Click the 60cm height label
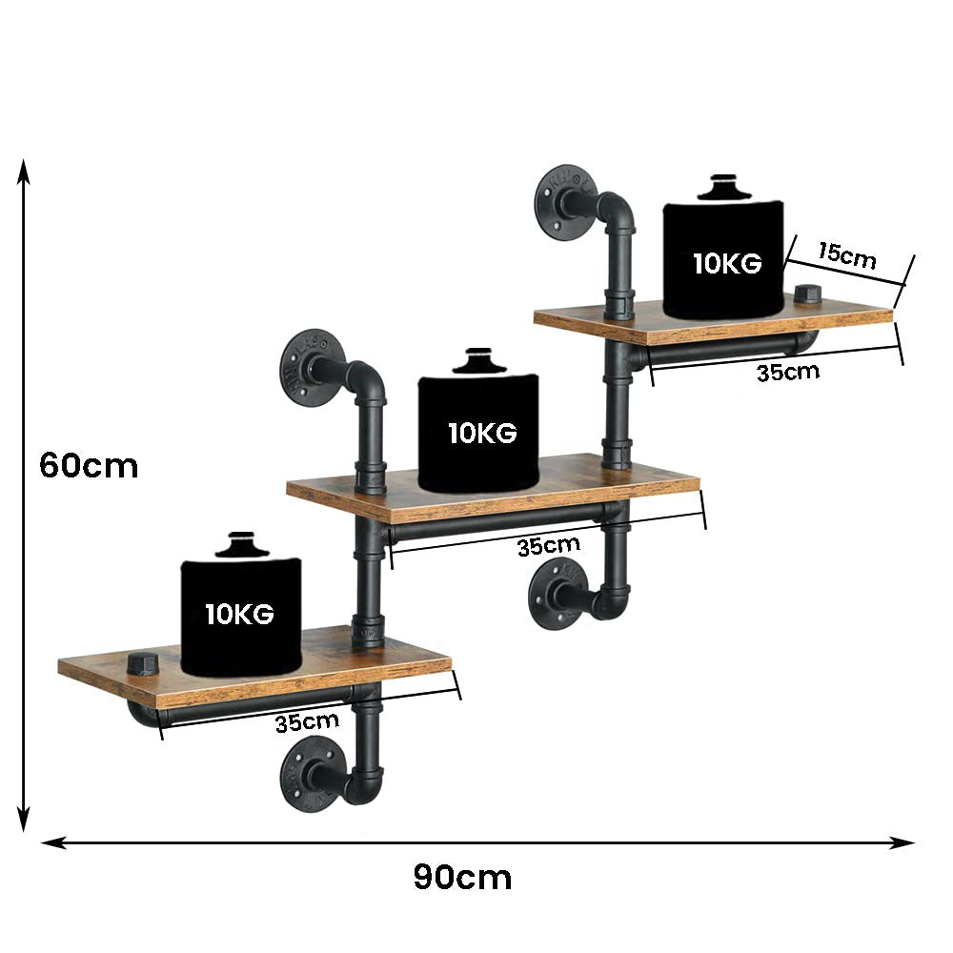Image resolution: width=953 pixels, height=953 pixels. [x=89, y=466]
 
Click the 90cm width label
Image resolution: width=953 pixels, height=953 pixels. [x=462, y=877]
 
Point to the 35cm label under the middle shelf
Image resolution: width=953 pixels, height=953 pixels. [x=548, y=547]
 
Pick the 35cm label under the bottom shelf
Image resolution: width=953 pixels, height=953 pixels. [x=308, y=722]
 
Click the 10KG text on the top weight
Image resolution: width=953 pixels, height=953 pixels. [x=727, y=264]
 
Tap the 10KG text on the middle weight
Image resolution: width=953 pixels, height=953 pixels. [x=482, y=434]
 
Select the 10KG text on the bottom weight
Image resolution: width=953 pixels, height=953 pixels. [x=239, y=615]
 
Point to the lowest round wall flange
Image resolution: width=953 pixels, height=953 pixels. [x=309, y=772]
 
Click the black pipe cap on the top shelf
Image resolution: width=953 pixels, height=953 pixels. [x=807, y=295]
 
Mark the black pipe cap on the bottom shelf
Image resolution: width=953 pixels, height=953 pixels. [x=141, y=663]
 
